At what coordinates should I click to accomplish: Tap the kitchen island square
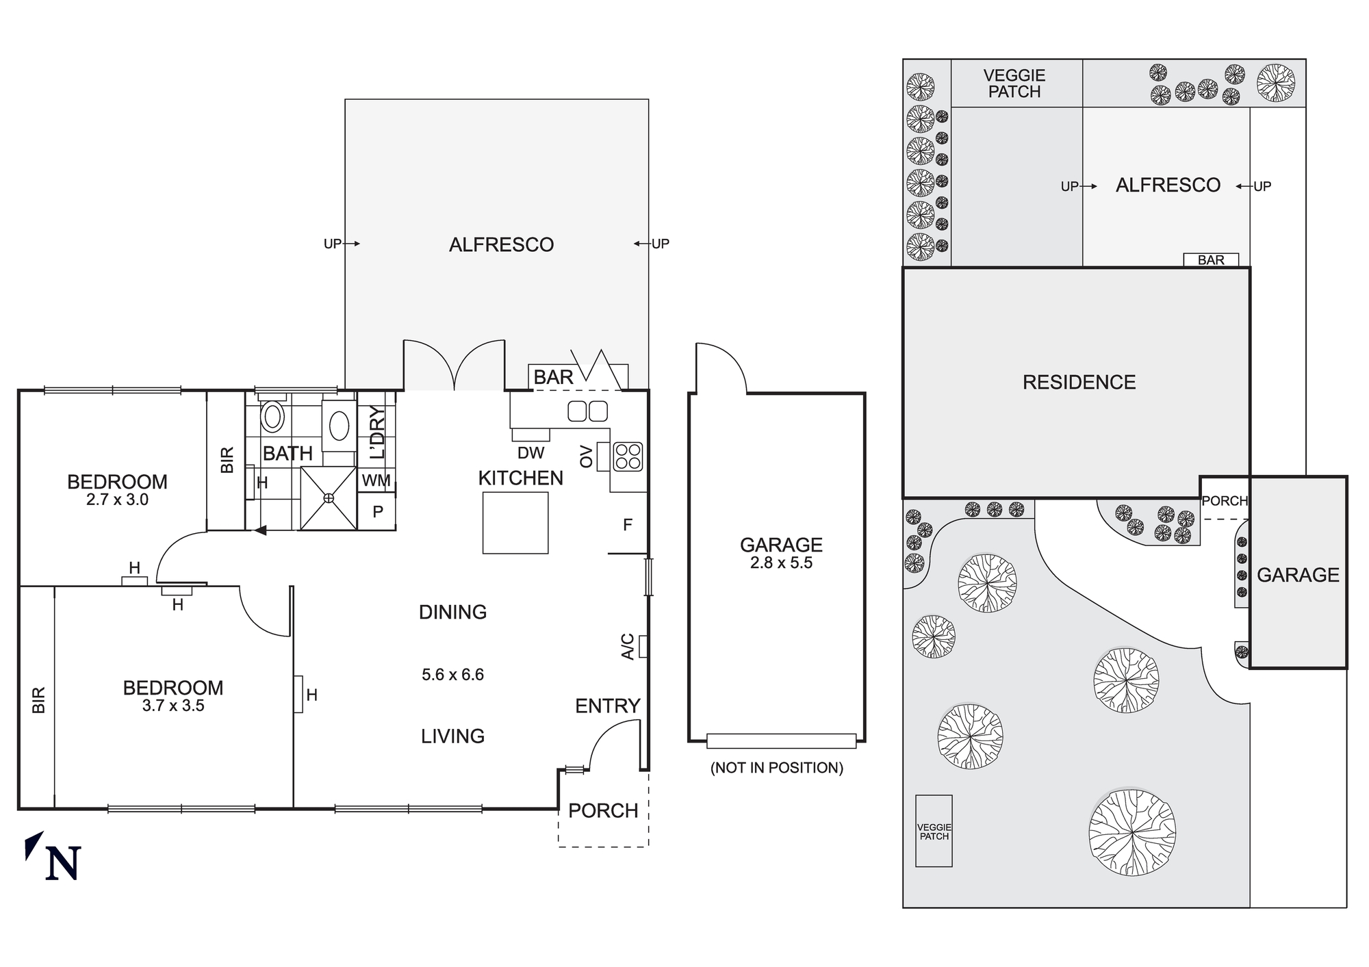point(515,523)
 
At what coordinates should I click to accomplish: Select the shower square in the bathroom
point(329,498)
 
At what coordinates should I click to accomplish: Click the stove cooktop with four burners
point(628,456)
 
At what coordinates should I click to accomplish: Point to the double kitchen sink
point(587,411)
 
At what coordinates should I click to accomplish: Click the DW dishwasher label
point(530,452)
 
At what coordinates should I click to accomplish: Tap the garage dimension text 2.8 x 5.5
point(781,563)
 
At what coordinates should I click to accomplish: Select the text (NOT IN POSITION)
point(776,768)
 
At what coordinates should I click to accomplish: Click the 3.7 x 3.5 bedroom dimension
point(173,706)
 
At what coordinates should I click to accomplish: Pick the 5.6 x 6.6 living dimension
point(452,675)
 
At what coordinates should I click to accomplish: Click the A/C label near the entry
point(628,647)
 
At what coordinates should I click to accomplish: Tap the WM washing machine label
point(376,480)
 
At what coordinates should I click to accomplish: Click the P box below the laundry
point(377,511)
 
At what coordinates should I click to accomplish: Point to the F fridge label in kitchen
point(627,525)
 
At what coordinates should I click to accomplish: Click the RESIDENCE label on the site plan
point(1079,382)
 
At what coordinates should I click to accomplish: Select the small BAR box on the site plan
point(1211,260)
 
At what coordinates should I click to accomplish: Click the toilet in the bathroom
point(273,416)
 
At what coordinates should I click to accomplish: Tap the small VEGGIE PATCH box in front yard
point(934,831)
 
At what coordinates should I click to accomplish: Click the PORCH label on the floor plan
point(602,810)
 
